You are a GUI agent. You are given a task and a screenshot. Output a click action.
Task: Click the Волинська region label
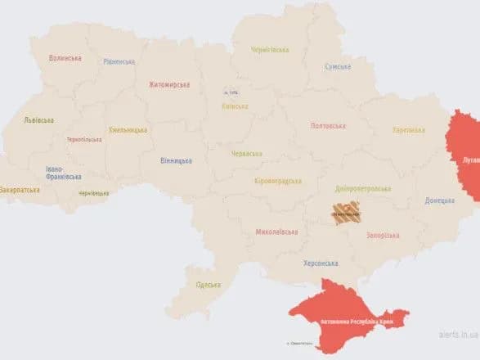click(x=65, y=58)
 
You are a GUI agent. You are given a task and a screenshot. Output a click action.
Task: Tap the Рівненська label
click(x=119, y=61)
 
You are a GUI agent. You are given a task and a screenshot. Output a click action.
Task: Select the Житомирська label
click(x=169, y=84)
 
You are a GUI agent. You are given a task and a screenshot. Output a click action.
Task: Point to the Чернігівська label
click(x=270, y=50)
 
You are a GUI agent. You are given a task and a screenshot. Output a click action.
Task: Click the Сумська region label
click(x=338, y=66)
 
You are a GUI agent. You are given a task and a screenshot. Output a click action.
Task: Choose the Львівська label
click(x=38, y=120)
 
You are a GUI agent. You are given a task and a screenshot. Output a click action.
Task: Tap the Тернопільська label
click(x=84, y=139)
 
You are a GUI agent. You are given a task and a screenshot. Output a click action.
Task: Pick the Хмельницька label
click(x=128, y=130)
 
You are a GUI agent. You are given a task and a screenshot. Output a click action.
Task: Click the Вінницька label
click(x=176, y=161)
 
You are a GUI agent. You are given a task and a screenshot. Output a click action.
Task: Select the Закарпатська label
click(x=20, y=189)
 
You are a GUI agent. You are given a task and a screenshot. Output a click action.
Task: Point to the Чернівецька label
click(x=93, y=193)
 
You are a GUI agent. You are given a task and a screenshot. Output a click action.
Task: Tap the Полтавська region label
click(x=328, y=126)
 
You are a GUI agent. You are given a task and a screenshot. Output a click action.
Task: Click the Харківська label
click(x=408, y=130)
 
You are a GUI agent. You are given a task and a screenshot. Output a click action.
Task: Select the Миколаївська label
click(x=276, y=232)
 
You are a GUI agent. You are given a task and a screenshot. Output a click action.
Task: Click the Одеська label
click(x=208, y=285)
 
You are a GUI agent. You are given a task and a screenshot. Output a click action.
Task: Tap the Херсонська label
click(x=321, y=263)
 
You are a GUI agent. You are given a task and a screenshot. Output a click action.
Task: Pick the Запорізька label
click(x=381, y=235)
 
